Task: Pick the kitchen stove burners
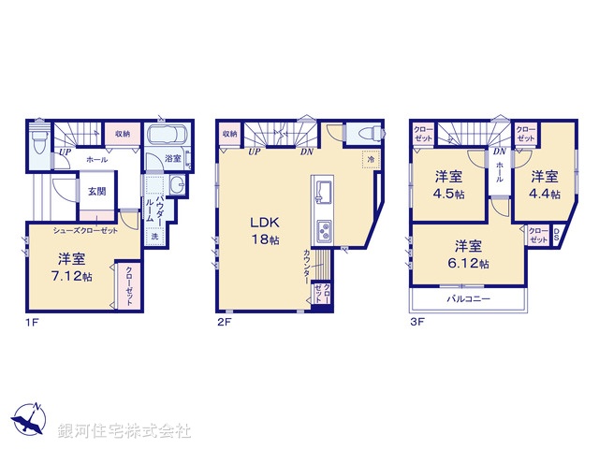point(324,230)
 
